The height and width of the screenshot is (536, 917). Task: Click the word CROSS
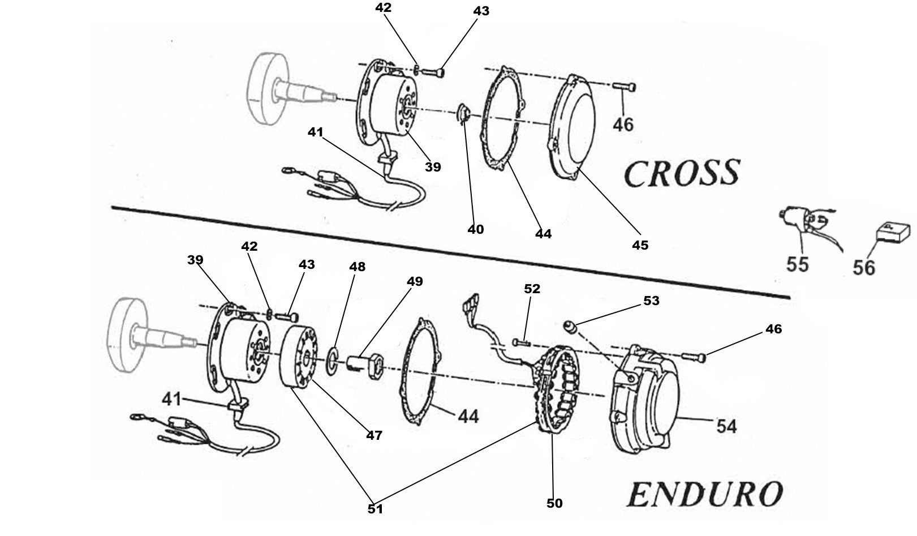coord(682,173)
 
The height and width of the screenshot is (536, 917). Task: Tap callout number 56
coord(864,267)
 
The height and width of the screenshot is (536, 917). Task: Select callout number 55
coord(797,264)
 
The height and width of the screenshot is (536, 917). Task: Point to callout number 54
coord(726,426)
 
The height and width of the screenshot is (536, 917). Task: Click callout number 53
coord(651,301)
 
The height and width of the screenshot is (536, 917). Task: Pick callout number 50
coord(554,503)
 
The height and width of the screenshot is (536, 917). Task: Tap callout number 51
coord(375,509)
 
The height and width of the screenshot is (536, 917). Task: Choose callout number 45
coord(640,245)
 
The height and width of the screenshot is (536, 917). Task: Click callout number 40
coord(475,229)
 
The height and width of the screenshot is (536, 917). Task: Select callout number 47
coord(374,435)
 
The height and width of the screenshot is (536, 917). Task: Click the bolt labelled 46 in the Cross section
coord(624,87)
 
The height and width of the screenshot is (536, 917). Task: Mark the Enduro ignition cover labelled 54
coord(645,399)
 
